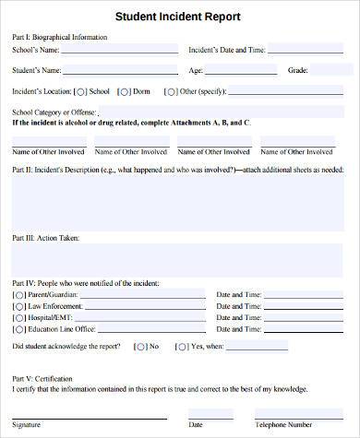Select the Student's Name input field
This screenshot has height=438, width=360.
121,69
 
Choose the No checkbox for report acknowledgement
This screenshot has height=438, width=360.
139,347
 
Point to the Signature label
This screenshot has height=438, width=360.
26,426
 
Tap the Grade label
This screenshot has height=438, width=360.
297,70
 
